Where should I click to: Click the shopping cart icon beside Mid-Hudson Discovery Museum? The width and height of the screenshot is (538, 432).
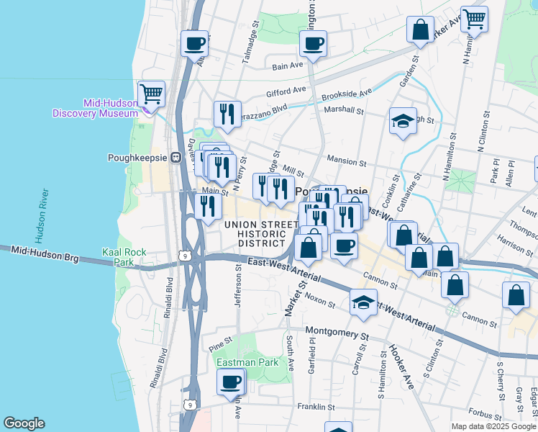coord(151,94)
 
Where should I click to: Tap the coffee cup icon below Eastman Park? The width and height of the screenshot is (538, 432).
coord(231,382)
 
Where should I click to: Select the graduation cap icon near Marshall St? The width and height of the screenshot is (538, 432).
coord(403,121)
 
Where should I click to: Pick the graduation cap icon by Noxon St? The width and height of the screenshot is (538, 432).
coord(364,302)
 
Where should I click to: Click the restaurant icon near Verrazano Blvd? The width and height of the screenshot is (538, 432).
coord(227,114)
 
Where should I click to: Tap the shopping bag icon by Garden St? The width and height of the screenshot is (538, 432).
coord(420,30)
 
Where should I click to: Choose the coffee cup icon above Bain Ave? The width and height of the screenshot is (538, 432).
coord(313,43)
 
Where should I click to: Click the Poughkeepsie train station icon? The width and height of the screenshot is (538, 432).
coord(175,158)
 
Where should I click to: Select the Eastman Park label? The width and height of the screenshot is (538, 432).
coord(247,362)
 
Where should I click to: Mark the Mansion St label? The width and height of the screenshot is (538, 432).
coord(347,163)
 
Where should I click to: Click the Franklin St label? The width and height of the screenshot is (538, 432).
coord(317,406)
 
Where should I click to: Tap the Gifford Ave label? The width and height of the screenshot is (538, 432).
coord(286,93)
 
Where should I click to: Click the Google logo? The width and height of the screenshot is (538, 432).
coord(24,423)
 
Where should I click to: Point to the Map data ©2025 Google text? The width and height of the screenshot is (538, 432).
coord(493,426)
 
